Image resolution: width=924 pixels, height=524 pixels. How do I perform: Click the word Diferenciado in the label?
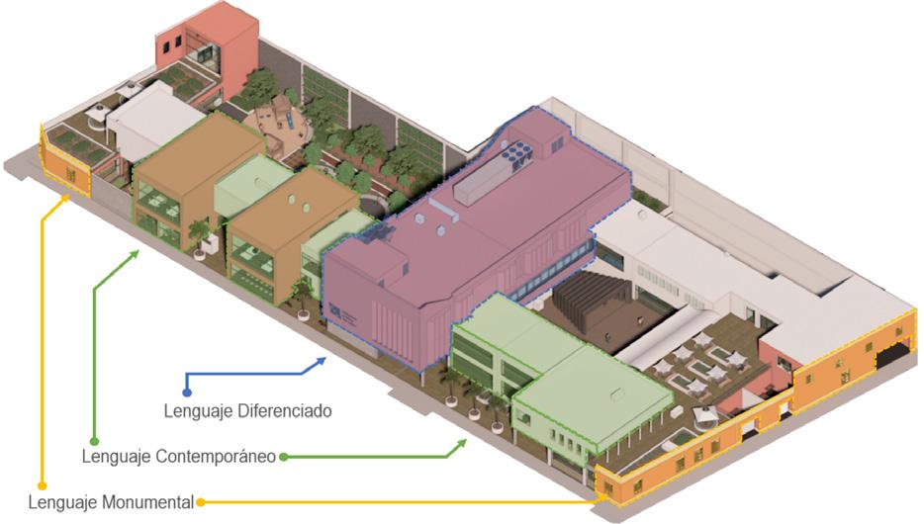pos(286,409)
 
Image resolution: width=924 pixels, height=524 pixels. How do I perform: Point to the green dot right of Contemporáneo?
pos(284,457)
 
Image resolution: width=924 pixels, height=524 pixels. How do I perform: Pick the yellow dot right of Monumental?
pos(201,502)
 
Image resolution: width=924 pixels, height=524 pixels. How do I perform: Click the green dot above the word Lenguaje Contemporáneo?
pos(94,441)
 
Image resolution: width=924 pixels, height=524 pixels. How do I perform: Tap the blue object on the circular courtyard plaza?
pos(279,116)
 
